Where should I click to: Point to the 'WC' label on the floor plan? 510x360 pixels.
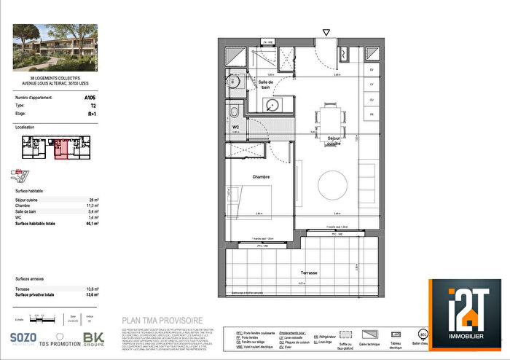coord(235,127)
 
